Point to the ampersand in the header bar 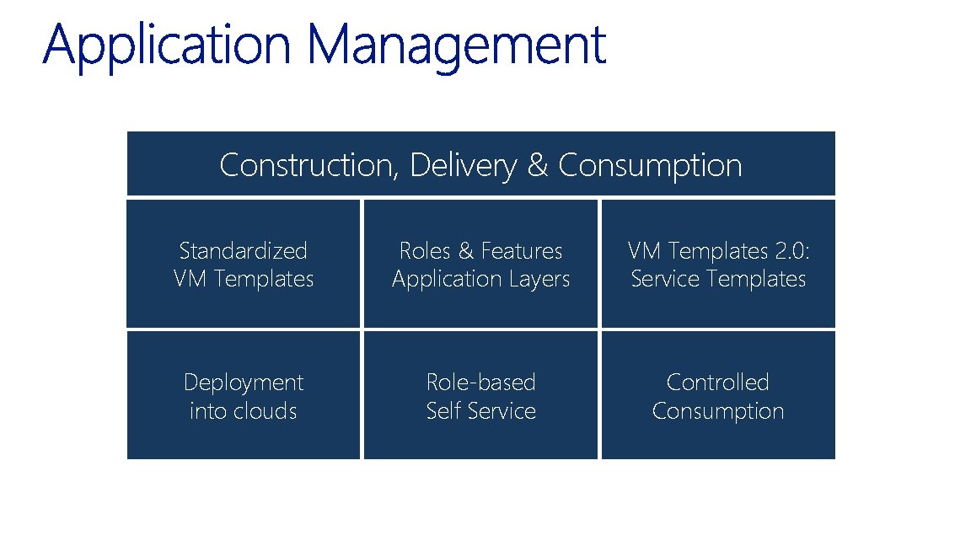[x=537, y=165]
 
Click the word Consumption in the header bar [x=650, y=165]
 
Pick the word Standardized [x=244, y=250]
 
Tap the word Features [x=522, y=250]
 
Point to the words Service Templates [x=718, y=279]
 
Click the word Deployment [x=244, y=382]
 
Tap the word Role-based [x=480, y=382]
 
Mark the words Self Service [x=480, y=411]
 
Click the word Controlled [x=718, y=382]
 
